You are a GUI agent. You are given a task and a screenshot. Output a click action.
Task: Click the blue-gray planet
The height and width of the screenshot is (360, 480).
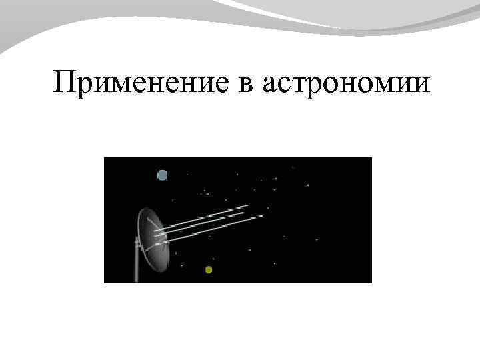[162, 175]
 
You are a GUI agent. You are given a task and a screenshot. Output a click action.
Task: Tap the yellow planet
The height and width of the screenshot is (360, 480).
[209, 270]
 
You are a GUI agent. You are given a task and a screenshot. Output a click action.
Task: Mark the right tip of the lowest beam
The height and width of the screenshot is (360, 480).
[261, 216]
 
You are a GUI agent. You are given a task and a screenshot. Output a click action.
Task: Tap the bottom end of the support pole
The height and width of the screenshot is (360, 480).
[136, 280]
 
